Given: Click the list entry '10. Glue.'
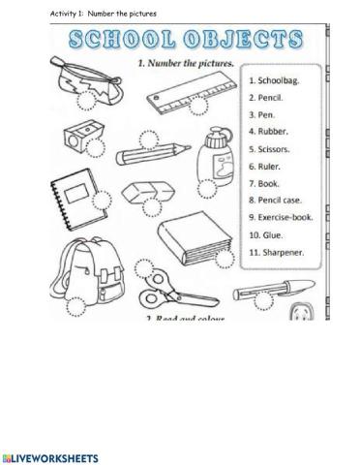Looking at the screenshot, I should click(269, 234).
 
